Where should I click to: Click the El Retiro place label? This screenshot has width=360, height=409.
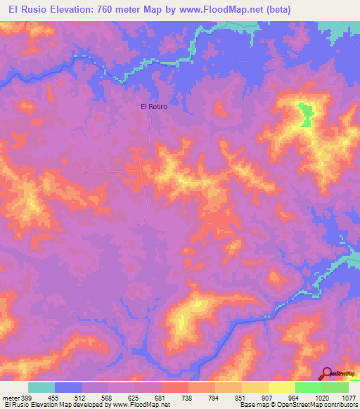(153, 106)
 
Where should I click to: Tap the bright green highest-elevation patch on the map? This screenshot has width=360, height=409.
(305, 115)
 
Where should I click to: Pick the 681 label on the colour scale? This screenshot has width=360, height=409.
(161, 397)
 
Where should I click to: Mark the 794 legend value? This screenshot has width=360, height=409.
(214, 397)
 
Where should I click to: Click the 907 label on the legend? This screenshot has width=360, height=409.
(268, 397)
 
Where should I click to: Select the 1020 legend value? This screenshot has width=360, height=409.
(321, 397)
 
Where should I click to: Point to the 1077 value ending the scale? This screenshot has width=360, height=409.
(347, 397)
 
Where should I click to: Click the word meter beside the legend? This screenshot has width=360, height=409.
(9, 397)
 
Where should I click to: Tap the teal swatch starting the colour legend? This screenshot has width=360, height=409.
(41, 387)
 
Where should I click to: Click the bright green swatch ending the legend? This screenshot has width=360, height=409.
(335, 387)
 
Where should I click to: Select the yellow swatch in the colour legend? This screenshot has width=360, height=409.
(281, 387)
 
